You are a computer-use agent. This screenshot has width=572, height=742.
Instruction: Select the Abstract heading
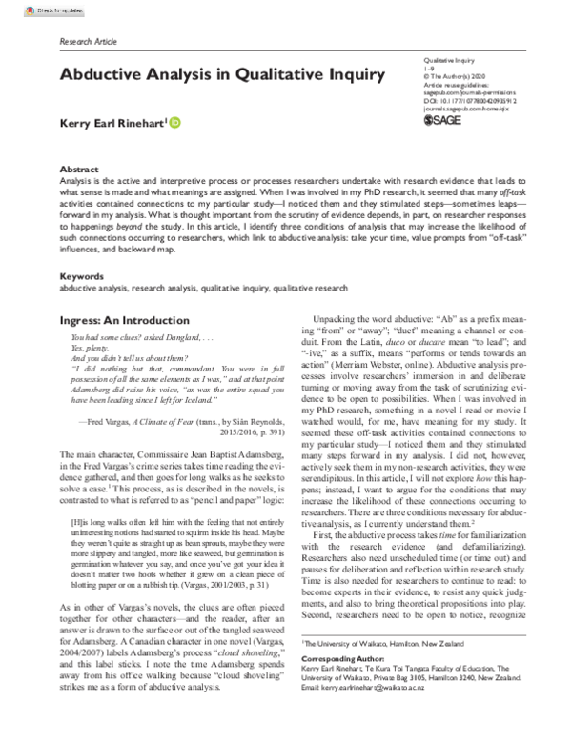[79, 167]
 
